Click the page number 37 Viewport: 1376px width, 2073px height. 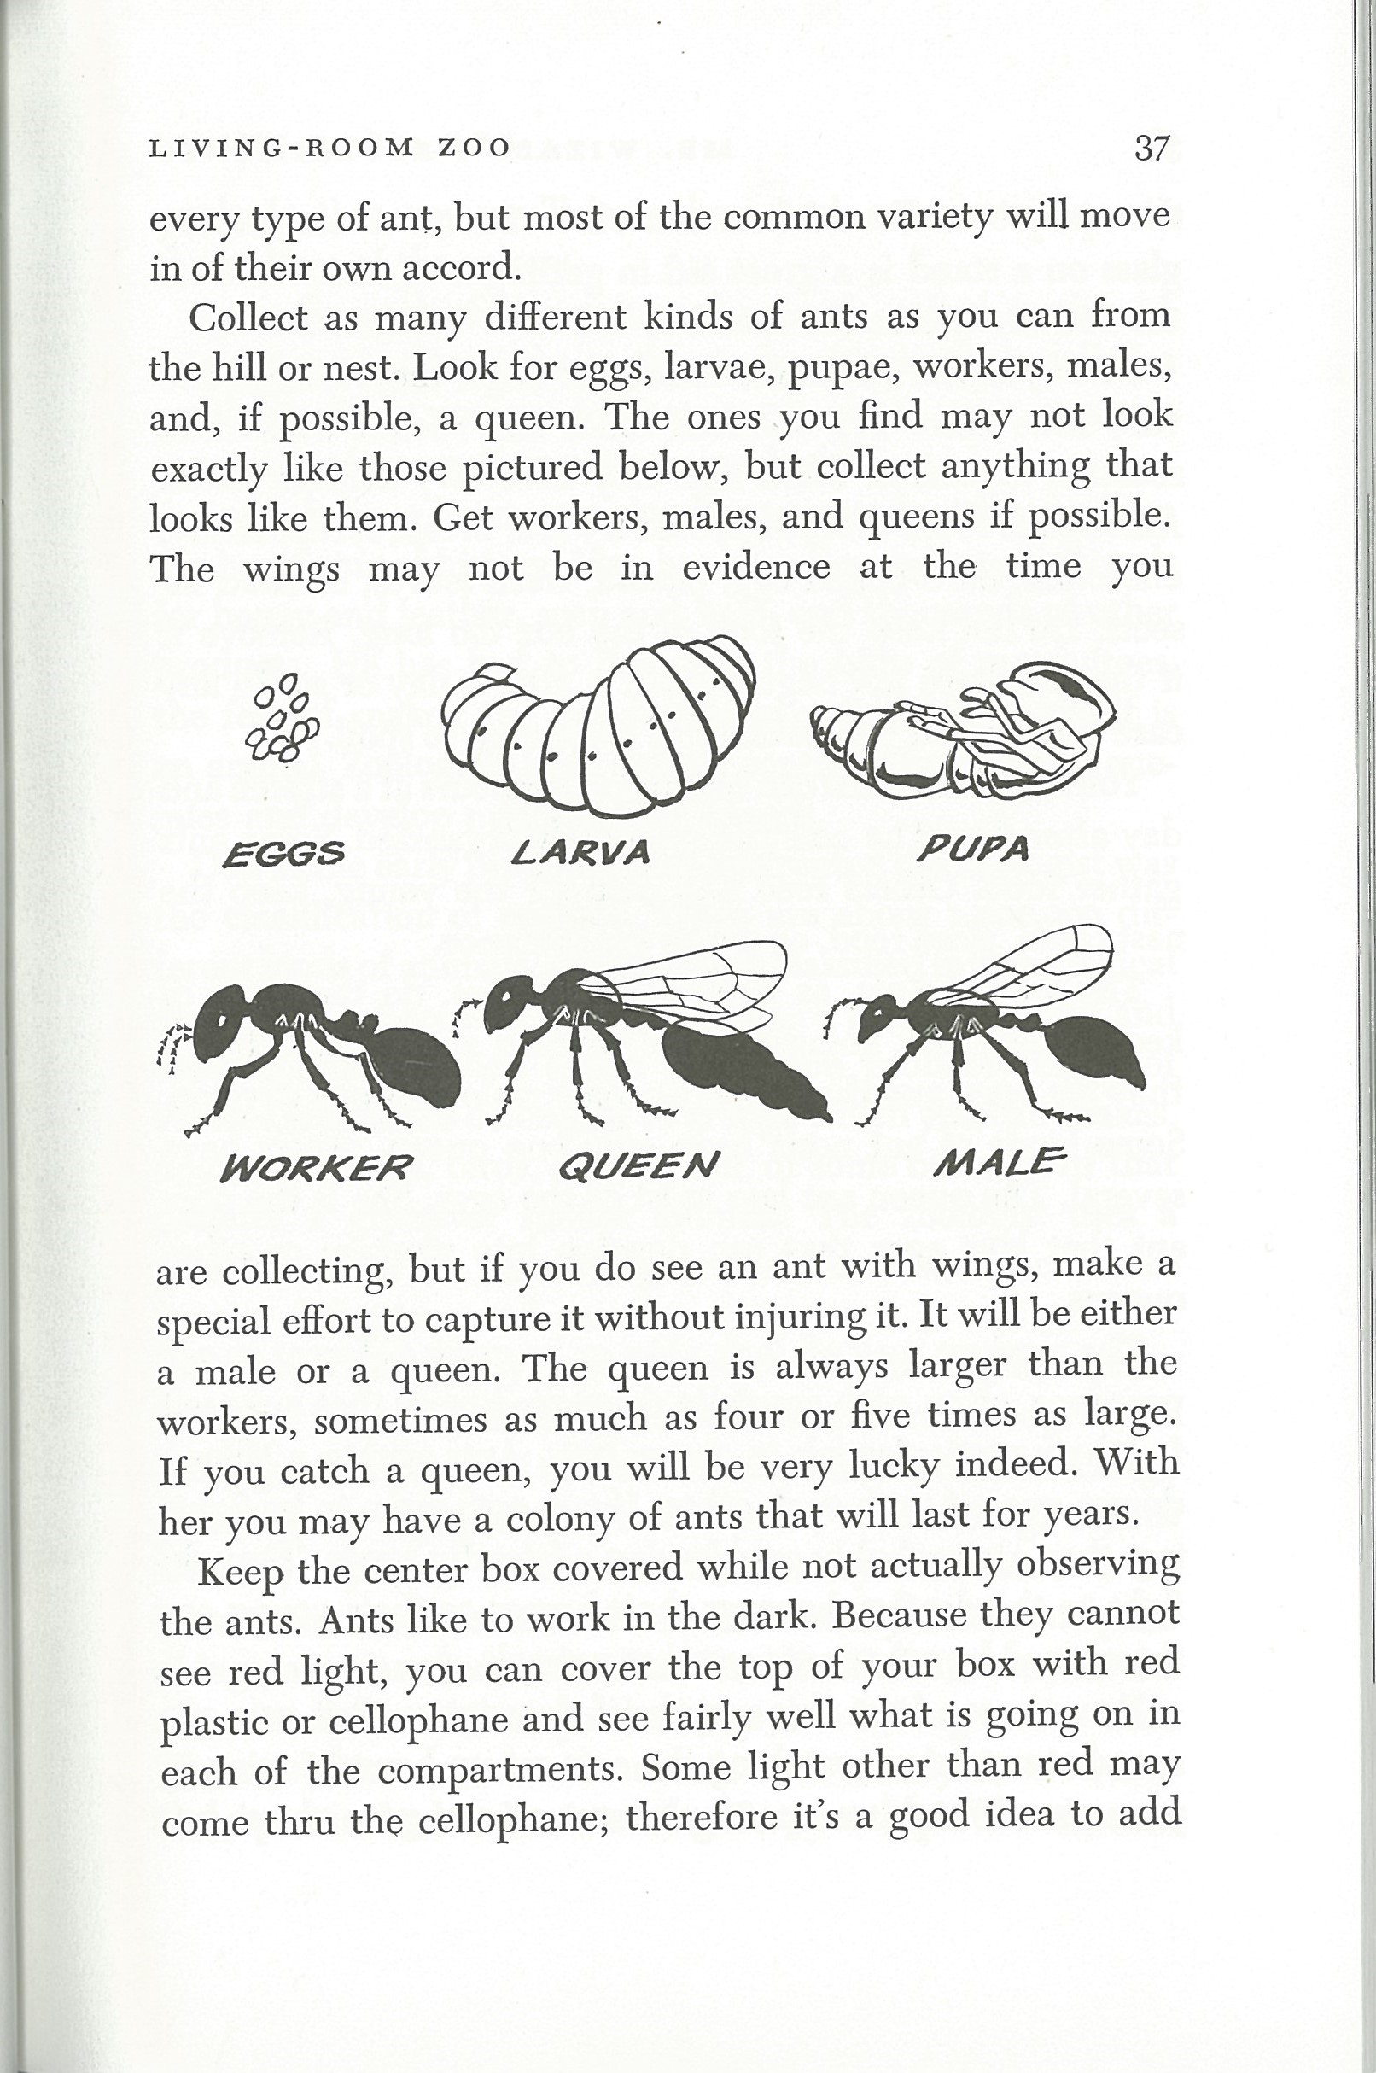click(1152, 149)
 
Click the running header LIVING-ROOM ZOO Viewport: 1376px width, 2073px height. click(330, 149)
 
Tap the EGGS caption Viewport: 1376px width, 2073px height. click(283, 853)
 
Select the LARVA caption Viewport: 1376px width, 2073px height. click(580, 850)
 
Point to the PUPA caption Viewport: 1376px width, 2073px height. click(972, 848)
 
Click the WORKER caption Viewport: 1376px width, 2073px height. click(316, 1168)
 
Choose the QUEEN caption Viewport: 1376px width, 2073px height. click(638, 1165)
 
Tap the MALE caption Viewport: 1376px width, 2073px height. click(999, 1162)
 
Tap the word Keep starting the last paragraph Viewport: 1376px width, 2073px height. click(240, 1568)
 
